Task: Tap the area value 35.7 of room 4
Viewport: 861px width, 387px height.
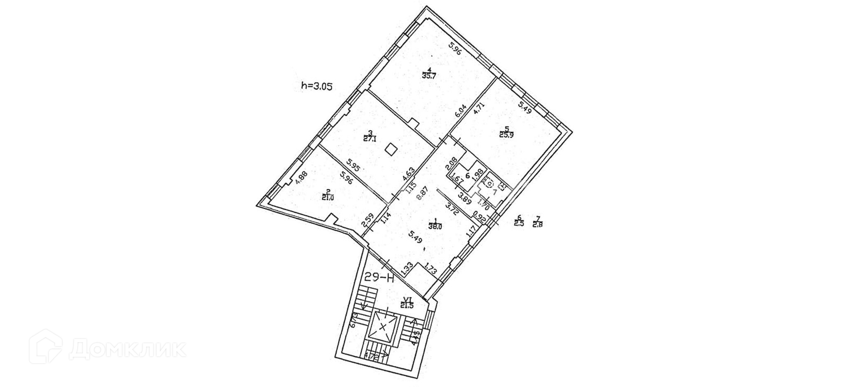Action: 429,76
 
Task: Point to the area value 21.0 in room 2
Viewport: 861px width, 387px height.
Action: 329,196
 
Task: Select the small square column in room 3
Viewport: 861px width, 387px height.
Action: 391,148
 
